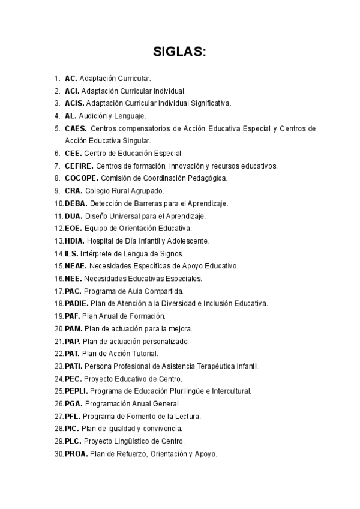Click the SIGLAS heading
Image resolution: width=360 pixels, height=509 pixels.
coord(179,52)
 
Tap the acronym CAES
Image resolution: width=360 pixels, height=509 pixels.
coord(76,128)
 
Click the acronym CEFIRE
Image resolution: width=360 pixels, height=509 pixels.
coord(79,166)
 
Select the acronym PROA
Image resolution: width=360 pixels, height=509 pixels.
coord(76,454)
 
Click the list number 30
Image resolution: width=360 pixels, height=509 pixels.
coord(58,454)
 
